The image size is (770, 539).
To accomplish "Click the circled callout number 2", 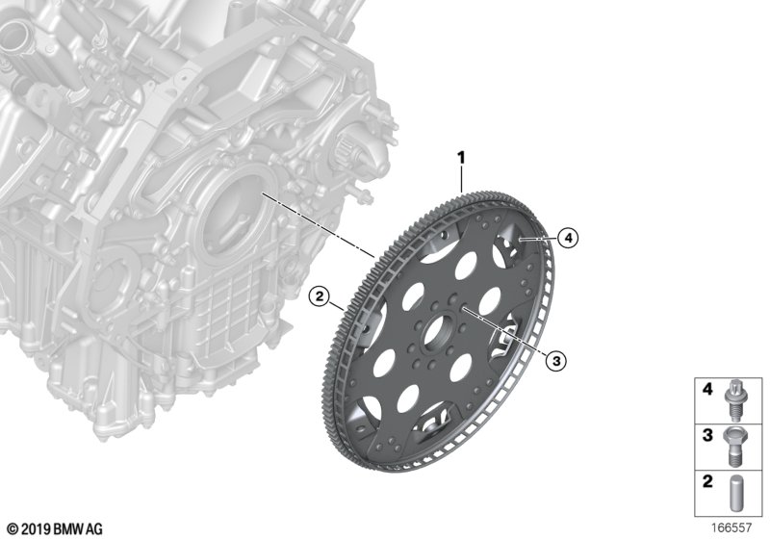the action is click(x=320, y=296).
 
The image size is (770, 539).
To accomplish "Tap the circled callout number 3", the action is click(x=556, y=361).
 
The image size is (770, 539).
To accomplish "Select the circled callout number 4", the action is click(x=568, y=239).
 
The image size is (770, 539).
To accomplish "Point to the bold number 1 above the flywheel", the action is click(x=461, y=158).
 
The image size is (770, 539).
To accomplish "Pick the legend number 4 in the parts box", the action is click(x=707, y=390).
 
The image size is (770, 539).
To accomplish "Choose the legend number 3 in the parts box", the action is click(x=707, y=435).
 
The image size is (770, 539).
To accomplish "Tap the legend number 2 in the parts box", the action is click(x=707, y=481).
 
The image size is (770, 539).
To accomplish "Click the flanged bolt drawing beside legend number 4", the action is click(x=734, y=400).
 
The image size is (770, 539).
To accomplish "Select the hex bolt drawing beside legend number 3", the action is click(x=733, y=446).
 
